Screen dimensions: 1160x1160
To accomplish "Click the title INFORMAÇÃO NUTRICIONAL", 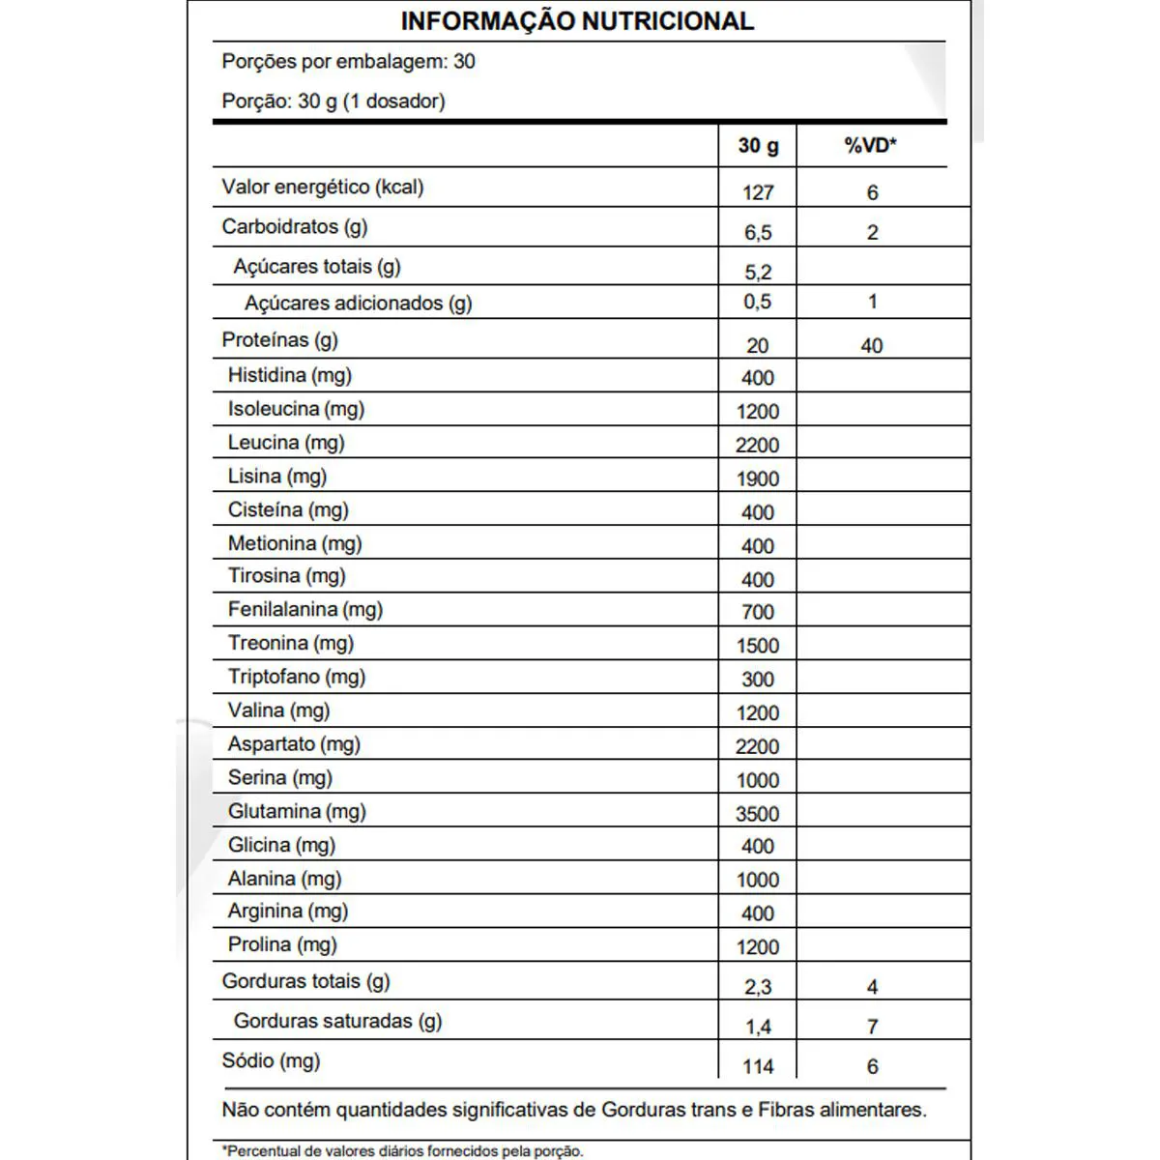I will tap(577, 21).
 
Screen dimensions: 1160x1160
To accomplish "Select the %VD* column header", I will tap(870, 146).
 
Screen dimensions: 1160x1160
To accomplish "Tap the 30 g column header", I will tap(758, 146).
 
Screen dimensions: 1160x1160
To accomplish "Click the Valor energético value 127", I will tap(758, 192).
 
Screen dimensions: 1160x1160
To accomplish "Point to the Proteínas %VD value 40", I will tap(871, 346).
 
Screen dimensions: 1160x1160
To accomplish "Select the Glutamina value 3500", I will tap(757, 814).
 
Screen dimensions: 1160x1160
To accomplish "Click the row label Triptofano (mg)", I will tap(297, 677).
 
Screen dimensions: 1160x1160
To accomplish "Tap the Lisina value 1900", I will tap(757, 478).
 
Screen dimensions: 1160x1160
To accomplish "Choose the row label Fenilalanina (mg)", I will tap(305, 610).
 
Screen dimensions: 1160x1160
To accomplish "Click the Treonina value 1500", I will tap(757, 646).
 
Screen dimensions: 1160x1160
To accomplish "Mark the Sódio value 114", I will tap(758, 1067).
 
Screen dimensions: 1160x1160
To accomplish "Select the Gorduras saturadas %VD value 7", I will tap(872, 1027).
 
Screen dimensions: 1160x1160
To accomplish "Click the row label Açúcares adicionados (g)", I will tap(358, 304).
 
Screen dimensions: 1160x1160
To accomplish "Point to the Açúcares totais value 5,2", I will tap(758, 273).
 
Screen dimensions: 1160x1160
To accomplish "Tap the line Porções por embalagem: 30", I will tap(348, 62).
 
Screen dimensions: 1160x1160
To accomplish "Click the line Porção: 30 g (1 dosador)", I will tap(333, 101).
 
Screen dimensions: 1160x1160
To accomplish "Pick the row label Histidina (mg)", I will tap(290, 375).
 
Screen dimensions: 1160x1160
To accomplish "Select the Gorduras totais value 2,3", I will tap(758, 987).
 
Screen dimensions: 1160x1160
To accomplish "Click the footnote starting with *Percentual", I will tap(402, 1151).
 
